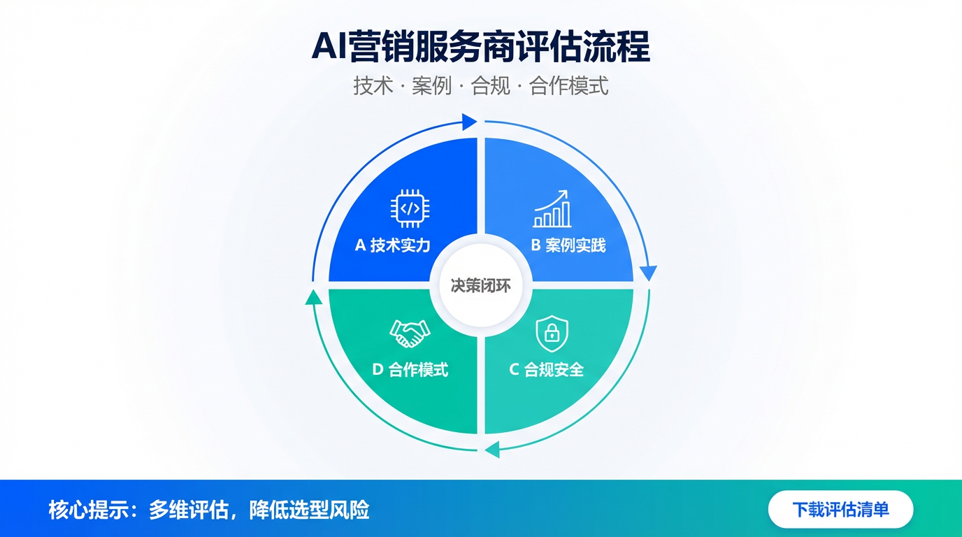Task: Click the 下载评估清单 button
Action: click(x=840, y=509)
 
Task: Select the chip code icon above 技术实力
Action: click(x=410, y=208)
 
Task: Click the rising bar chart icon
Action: click(x=552, y=208)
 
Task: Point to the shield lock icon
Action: click(x=552, y=334)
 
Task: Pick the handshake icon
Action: click(x=410, y=334)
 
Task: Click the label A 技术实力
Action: click(x=392, y=245)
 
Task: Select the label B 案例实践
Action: click(x=568, y=245)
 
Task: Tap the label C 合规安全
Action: click(x=546, y=370)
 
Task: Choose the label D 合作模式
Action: click(x=410, y=370)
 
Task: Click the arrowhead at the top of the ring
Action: click(x=469, y=122)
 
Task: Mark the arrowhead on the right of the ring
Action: click(x=649, y=273)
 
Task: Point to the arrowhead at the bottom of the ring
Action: click(x=493, y=450)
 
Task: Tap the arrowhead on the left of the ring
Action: click(x=313, y=297)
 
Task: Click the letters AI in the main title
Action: click(x=329, y=48)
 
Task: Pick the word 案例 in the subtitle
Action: click(x=431, y=86)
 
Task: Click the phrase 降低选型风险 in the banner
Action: click(x=309, y=510)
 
